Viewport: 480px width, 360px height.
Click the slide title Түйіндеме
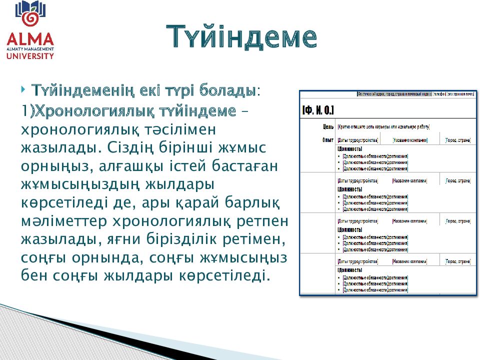241,37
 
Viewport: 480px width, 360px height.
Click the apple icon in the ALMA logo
30,17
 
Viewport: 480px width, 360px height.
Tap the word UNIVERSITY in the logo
30,56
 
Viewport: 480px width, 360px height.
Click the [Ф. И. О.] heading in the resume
318,110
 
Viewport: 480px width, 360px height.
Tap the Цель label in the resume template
328,127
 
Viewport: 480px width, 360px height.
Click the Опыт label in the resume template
327,140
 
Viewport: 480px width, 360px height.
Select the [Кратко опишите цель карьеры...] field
383,127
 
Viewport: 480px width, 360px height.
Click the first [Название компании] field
409,140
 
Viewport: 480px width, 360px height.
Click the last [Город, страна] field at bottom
457,261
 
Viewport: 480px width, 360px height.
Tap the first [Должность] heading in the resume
349,149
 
